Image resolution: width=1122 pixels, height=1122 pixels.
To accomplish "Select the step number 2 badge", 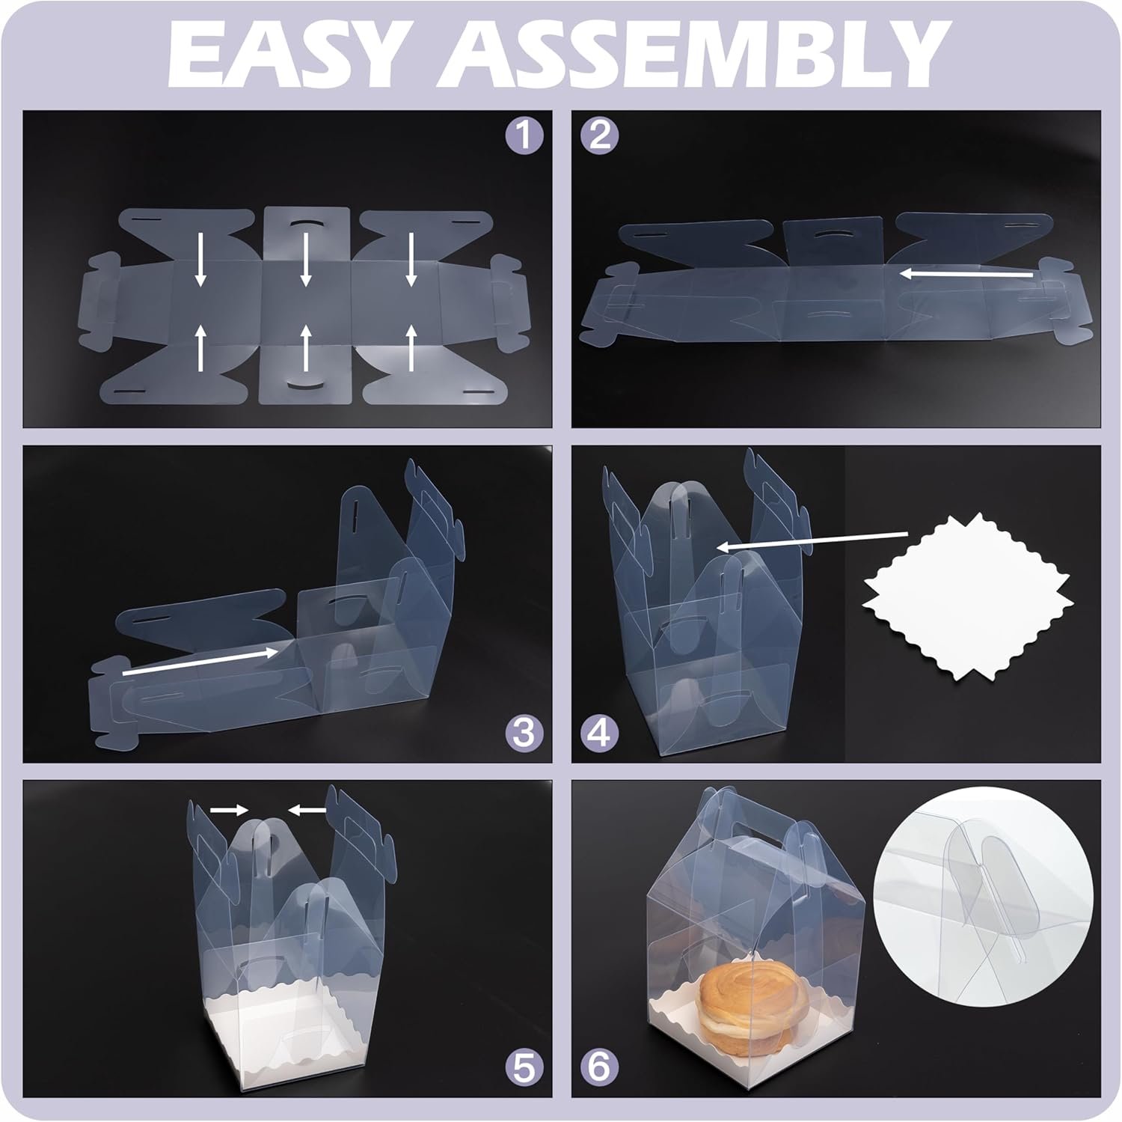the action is pyautogui.click(x=601, y=135).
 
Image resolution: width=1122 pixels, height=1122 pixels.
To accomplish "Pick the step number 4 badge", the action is pyautogui.click(x=601, y=734).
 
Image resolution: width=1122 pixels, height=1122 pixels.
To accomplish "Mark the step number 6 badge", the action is pyautogui.click(x=601, y=1068).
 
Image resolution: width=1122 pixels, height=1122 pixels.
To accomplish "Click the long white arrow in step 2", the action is pyautogui.click(x=966, y=275).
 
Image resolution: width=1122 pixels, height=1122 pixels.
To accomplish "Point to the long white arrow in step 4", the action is pyautogui.click(x=812, y=540).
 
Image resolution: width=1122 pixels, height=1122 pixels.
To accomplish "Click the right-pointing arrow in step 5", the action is pyautogui.click(x=229, y=809).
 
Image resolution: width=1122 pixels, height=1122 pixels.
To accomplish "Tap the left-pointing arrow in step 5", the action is pyautogui.click(x=307, y=809).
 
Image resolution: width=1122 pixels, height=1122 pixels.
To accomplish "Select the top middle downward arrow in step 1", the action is pyautogui.click(x=305, y=259).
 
